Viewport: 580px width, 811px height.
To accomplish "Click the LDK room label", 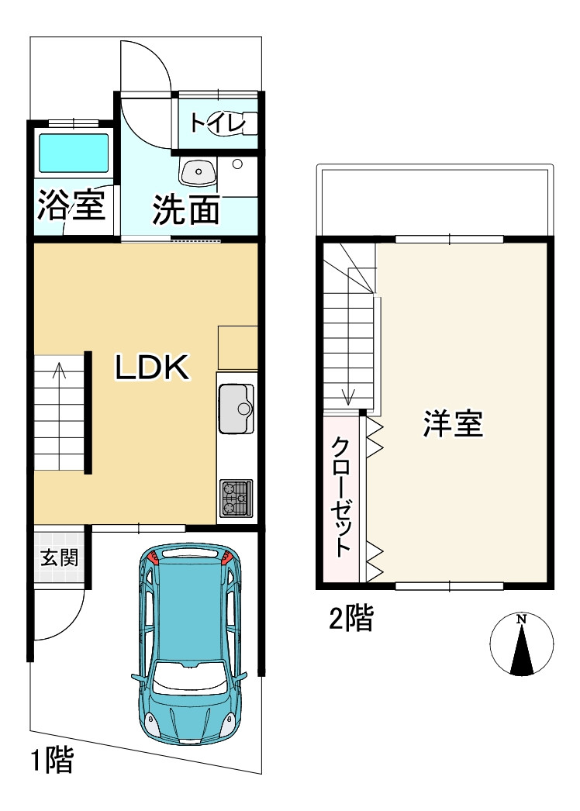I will (x=153, y=368).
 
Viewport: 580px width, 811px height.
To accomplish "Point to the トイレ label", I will (x=217, y=123).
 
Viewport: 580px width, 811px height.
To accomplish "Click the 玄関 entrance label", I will (x=60, y=557).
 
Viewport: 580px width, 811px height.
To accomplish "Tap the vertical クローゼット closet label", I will (x=342, y=496).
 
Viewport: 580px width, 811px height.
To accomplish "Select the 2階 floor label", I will (x=351, y=619).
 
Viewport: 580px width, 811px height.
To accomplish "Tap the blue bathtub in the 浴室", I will (x=74, y=153).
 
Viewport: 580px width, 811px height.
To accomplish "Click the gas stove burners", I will (x=236, y=498).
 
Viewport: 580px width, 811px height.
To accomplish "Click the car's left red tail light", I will (x=152, y=556).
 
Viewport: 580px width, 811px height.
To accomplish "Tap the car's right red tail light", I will (x=226, y=557).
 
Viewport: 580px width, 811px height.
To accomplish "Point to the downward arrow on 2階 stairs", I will (x=348, y=397).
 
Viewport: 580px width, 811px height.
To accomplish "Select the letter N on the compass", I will (x=522, y=619).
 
